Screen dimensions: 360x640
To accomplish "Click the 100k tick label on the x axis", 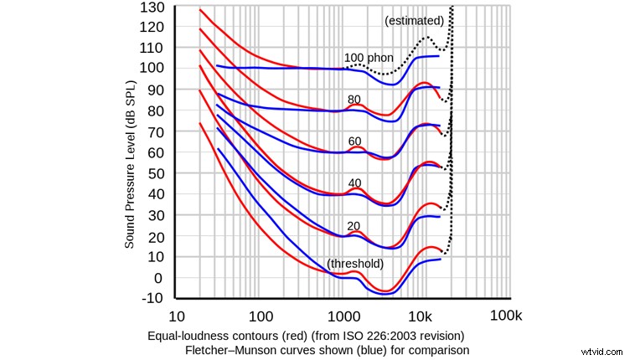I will (505, 317).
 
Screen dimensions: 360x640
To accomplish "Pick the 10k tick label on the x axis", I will (421, 317).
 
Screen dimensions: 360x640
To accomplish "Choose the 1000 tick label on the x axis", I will (342, 317).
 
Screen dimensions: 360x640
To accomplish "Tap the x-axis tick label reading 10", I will (176, 317).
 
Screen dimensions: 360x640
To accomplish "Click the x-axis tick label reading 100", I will (261, 317).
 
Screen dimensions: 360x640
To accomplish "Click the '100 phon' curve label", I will (369, 59).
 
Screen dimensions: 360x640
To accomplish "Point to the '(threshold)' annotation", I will (355, 264).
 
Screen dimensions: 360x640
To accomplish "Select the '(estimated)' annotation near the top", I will (414, 20).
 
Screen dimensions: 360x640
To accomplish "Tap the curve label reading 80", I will (354, 100).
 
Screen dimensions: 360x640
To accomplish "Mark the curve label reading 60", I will (354, 141).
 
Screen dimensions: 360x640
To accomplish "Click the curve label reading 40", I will (354, 183).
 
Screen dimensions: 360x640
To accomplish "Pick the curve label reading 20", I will (354, 225).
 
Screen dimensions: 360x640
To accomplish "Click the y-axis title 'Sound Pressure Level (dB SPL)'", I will (131, 163).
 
